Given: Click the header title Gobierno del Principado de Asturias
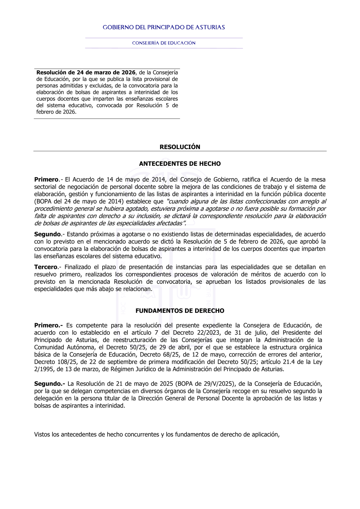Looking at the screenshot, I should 164,27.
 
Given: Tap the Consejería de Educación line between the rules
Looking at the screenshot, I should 164,43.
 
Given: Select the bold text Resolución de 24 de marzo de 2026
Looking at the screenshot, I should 86,73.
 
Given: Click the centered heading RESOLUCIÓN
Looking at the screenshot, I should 180,147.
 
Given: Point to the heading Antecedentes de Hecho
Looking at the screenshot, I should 180,164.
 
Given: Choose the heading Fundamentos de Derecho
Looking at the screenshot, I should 180,311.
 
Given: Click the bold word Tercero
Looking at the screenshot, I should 46,267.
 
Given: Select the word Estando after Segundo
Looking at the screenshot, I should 78,234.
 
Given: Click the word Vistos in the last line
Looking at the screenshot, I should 42,434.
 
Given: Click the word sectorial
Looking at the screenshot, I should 46,187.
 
